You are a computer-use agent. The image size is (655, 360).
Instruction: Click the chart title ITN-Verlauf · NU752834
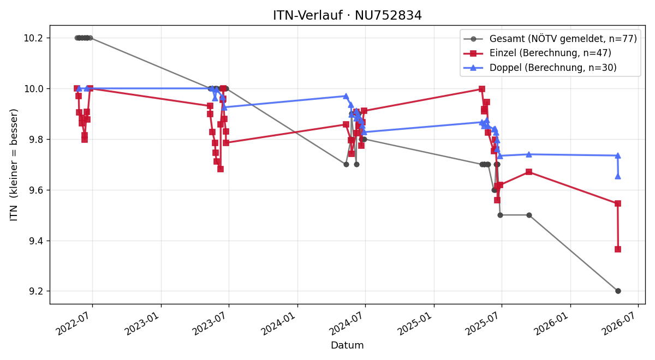tap(347, 15)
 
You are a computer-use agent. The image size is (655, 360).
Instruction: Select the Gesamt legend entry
tap(550, 39)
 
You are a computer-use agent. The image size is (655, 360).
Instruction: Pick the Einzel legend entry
tap(538, 53)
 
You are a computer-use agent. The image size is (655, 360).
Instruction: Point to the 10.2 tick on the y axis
tap(33, 38)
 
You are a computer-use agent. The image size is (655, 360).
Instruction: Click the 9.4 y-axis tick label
tap(35, 241)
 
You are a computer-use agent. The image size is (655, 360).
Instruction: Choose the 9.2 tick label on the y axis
tap(35, 291)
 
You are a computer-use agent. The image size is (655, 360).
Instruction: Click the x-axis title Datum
tap(347, 345)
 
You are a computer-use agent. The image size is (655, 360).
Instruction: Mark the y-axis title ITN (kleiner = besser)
tap(14, 165)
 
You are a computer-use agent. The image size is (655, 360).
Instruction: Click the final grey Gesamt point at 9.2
tap(618, 291)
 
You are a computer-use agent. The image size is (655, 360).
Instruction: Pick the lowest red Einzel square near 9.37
tap(617, 249)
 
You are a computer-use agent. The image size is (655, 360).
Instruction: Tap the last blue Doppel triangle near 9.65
tap(617, 177)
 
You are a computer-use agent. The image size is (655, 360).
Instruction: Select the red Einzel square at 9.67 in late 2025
tap(529, 172)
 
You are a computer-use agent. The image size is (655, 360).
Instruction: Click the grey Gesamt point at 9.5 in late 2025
tap(529, 215)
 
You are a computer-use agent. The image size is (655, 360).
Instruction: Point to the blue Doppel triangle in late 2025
tap(529, 154)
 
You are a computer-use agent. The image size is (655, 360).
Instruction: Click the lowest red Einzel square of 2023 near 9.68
tap(221, 169)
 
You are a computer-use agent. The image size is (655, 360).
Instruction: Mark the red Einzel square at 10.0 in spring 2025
tap(482, 89)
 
